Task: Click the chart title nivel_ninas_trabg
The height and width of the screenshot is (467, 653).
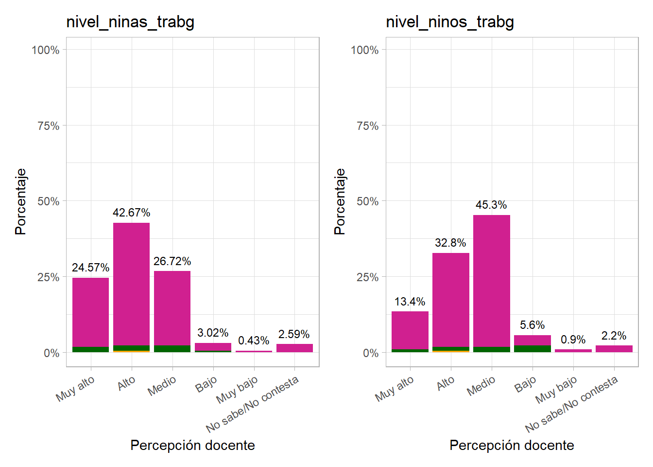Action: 130,22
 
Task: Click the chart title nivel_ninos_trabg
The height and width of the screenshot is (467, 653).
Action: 449,22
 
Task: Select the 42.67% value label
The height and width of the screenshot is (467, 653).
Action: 131,213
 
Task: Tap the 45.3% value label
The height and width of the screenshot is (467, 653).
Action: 491,205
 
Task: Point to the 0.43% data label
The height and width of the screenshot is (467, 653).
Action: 253,341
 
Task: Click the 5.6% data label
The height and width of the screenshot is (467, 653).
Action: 532,325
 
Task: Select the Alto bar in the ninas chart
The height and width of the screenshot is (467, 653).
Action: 131,282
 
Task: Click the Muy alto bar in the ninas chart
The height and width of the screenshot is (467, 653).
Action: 90,311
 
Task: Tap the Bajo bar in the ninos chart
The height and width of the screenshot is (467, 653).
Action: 532,340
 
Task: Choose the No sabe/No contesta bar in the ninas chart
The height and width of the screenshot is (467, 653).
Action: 294,348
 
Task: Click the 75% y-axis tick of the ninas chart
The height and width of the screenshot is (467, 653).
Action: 48,126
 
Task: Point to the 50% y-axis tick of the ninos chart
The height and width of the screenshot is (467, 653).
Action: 367,201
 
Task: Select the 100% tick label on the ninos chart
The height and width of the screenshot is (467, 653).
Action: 364,50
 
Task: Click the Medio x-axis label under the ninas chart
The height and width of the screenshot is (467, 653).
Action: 162,386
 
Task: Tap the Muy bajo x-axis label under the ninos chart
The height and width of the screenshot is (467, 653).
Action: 556,390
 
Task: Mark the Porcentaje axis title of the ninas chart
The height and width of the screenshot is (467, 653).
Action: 20,201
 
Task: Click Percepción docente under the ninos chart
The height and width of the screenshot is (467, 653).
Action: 512,445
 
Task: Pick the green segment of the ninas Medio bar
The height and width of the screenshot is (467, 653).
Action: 172,349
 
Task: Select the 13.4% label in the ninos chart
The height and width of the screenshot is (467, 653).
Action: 410,302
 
